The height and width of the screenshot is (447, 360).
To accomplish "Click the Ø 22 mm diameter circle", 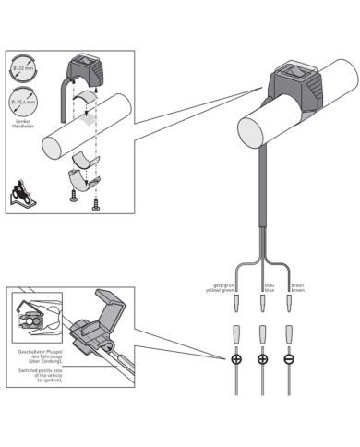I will [25, 71].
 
